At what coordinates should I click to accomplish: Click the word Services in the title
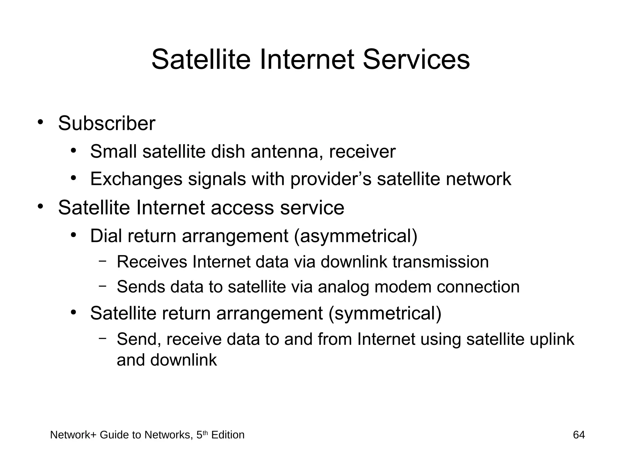pyautogui.click(x=416, y=60)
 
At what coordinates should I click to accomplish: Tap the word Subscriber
pyautogui.click(x=107, y=124)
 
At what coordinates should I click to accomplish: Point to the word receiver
pyautogui.click(x=362, y=151)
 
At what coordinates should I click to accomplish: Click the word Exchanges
pyautogui.click(x=136, y=179)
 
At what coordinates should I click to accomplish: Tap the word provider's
pyautogui.click(x=331, y=179)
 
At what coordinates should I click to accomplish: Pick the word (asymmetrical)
pyautogui.click(x=355, y=236)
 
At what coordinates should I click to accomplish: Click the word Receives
pyautogui.click(x=152, y=262)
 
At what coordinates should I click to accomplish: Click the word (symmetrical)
pyautogui.click(x=385, y=313)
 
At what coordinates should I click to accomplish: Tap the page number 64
pyautogui.click(x=579, y=435)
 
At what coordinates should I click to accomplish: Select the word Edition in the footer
pyautogui.click(x=227, y=435)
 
